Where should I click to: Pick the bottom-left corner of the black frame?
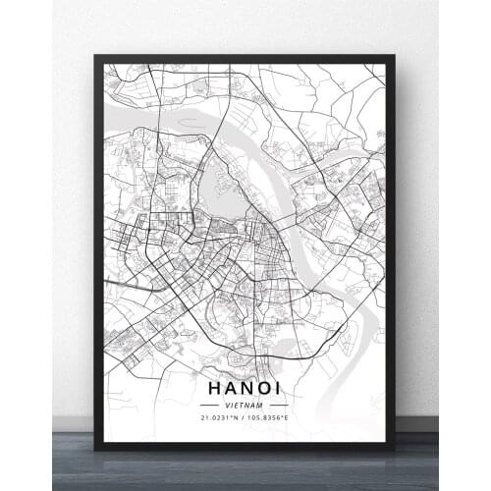click(x=96, y=448)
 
